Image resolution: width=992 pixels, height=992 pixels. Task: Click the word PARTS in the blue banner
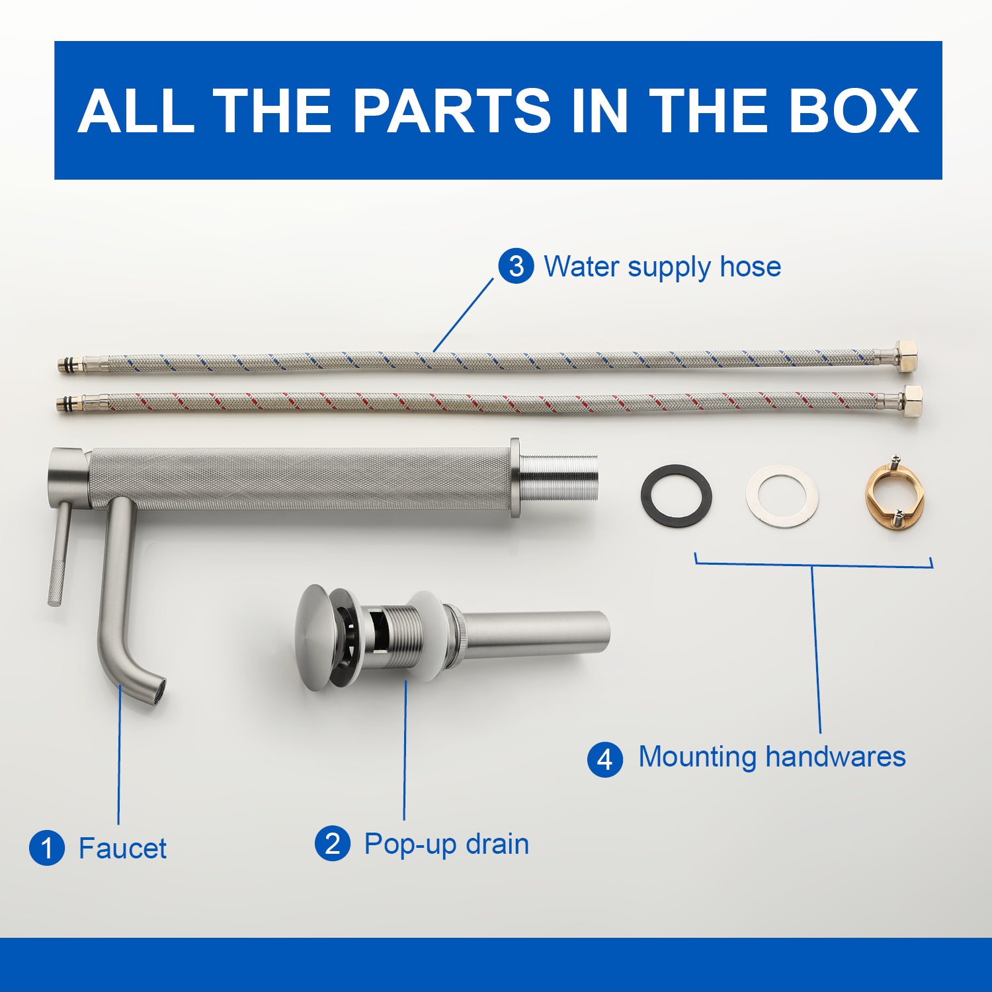pos(452,110)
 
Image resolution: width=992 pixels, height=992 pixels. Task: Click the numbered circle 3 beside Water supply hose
pos(516,267)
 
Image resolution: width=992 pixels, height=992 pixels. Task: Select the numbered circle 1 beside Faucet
pos(46,848)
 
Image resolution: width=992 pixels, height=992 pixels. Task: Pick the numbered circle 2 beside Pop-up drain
pos(333,844)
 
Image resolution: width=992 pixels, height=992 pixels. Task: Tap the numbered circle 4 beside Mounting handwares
pos(604,759)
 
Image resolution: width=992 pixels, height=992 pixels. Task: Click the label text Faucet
pos(122,848)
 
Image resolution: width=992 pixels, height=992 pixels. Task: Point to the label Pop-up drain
pos(446,845)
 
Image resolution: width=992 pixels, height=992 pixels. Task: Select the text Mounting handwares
pos(772,757)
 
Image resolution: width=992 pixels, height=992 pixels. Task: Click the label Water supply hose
pos(662,267)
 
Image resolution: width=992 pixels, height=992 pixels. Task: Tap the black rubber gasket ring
pos(676,495)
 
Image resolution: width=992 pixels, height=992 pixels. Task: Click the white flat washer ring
pos(782,496)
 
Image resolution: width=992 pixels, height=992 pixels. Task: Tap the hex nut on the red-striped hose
pos(910,397)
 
